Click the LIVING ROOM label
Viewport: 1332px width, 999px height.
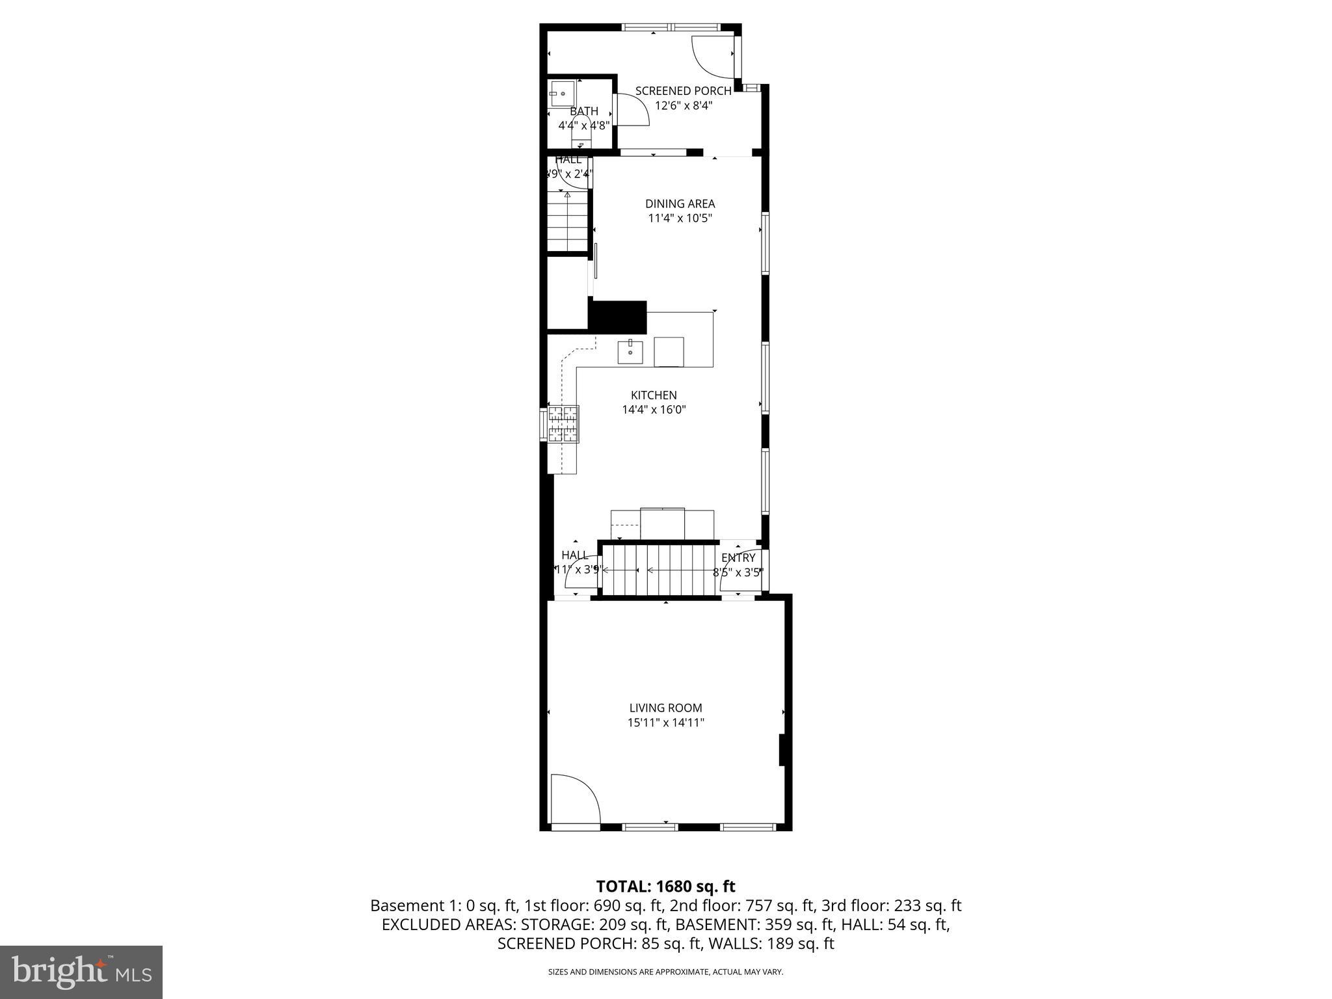click(x=665, y=708)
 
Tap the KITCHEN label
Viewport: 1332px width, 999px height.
click(x=654, y=395)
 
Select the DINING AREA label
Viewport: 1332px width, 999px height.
click(x=680, y=204)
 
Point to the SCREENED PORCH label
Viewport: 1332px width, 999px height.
click(x=683, y=91)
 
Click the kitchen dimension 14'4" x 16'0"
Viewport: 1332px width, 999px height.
click(x=654, y=410)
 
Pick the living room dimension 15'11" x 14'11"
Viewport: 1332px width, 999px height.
click(x=665, y=723)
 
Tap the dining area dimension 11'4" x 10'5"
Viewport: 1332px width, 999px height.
click(x=680, y=219)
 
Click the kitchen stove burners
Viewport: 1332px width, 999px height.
click(x=563, y=424)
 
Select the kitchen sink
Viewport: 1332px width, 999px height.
click(x=630, y=352)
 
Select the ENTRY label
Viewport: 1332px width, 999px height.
click(x=738, y=558)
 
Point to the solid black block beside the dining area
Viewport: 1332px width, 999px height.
click(x=618, y=317)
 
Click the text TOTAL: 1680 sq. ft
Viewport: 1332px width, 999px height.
click(x=665, y=886)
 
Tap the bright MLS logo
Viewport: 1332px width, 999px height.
click(x=81, y=972)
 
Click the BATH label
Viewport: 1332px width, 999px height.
click(x=583, y=111)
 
